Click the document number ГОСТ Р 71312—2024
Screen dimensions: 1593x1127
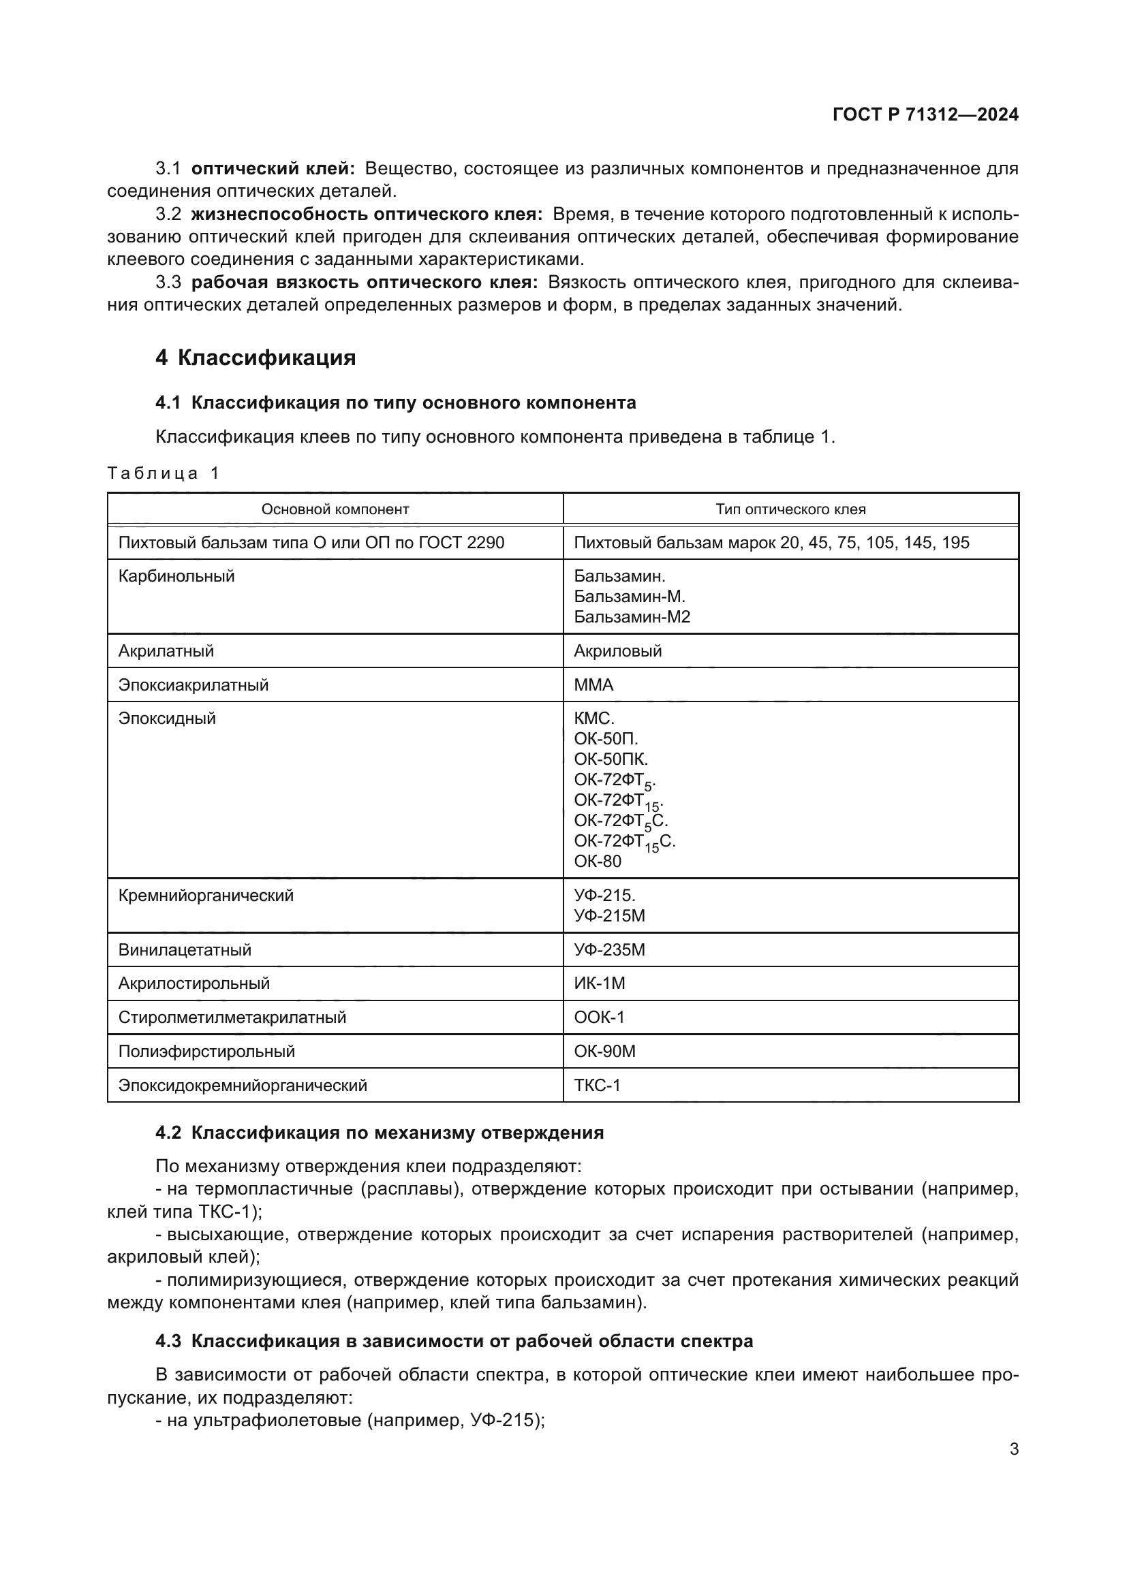point(925,114)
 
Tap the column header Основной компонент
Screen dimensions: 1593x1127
point(335,509)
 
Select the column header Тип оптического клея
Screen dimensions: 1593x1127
point(790,509)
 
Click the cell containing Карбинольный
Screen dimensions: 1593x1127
point(177,576)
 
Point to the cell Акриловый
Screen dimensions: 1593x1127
point(617,651)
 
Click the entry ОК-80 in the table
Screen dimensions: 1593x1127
point(598,861)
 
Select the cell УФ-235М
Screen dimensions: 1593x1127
point(609,949)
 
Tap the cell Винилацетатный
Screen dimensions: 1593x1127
point(185,949)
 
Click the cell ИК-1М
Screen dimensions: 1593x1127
point(600,983)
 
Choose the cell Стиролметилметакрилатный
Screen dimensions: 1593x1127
point(232,1017)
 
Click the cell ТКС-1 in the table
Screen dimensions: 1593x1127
point(597,1085)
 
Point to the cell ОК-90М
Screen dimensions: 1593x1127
point(604,1051)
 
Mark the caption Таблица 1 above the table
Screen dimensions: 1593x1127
point(163,473)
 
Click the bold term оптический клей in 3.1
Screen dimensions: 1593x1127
point(273,169)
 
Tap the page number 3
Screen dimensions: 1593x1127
point(1014,1449)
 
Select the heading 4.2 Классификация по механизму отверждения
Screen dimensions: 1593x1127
point(380,1133)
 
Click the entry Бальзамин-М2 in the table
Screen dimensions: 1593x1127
point(632,617)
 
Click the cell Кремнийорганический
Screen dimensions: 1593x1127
point(206,896)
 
